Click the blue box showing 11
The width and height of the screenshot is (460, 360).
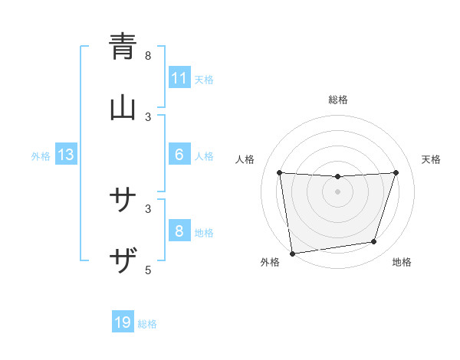coord(179,78)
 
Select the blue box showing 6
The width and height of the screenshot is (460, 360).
coord(179,155)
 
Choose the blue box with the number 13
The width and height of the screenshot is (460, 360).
coord(66,155)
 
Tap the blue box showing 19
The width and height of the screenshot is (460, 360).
coord(123,322)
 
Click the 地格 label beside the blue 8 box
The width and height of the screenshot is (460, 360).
coord(204,233)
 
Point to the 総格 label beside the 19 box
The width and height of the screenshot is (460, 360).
coord(147,324)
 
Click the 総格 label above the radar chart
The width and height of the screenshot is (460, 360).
coord(338,100)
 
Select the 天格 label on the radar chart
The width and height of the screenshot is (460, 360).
coord(432,159)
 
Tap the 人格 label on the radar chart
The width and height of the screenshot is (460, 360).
coord(245,159)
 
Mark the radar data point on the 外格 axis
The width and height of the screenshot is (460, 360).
coord(292,253)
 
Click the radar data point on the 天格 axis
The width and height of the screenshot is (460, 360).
coord(396,172)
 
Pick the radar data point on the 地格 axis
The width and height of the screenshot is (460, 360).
coord(374,242)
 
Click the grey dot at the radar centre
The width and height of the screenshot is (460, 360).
coord(338,191)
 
